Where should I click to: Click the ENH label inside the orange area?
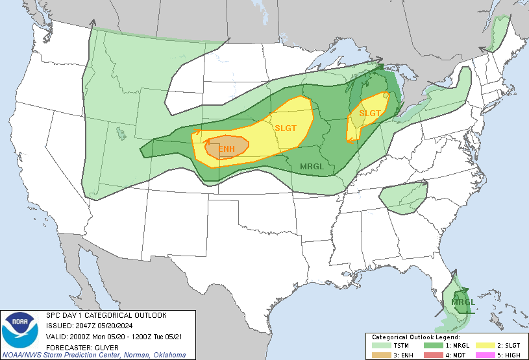click(226, 150)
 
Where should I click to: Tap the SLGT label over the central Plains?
click(285, 128)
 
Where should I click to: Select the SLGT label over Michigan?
click(370, 114)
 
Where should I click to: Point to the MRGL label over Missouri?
click(312, 167)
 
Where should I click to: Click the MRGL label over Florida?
click(463, 302)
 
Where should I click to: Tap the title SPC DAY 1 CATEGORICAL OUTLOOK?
click(106, 315)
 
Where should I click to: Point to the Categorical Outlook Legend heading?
click(415, 337)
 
